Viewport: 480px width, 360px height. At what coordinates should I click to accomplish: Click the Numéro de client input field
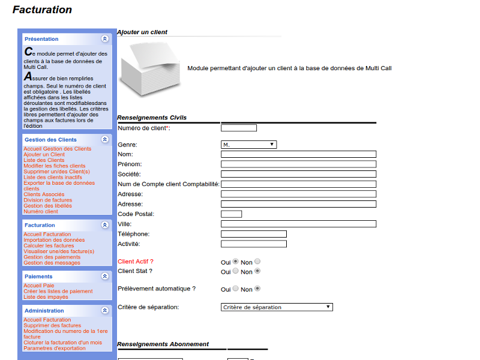[239, 128]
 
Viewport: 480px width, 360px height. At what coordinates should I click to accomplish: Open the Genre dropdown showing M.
[248, 145]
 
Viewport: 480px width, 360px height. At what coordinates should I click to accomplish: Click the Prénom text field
[298, 164]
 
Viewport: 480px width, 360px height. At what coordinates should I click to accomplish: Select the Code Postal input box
[231, 214]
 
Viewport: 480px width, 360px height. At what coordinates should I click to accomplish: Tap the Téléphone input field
[253, 234]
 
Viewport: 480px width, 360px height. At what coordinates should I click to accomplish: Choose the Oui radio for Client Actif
[235, 262]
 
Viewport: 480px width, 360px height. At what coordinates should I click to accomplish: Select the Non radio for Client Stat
[257, 271]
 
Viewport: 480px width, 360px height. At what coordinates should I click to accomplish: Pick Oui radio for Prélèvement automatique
[235, 289]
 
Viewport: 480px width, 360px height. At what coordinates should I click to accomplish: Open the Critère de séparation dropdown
[277, 307]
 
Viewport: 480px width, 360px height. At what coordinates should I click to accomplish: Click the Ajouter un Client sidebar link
[44, 155]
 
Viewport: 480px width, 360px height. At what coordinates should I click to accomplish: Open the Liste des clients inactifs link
[53, 178]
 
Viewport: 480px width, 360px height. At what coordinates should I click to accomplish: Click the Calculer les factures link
[49, 246]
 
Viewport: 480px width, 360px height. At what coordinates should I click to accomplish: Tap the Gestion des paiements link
[52, 257]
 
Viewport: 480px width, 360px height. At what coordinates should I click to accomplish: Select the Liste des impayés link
[46, 297]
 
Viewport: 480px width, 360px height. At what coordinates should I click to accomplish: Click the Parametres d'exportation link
[55, 348]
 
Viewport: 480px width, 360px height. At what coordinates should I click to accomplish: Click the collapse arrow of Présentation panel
[105, 38]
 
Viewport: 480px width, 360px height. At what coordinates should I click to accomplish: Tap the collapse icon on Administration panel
[105, 311]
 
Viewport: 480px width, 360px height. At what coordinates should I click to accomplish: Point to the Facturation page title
[42, 10]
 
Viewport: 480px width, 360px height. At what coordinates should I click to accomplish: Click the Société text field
[298, 174]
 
